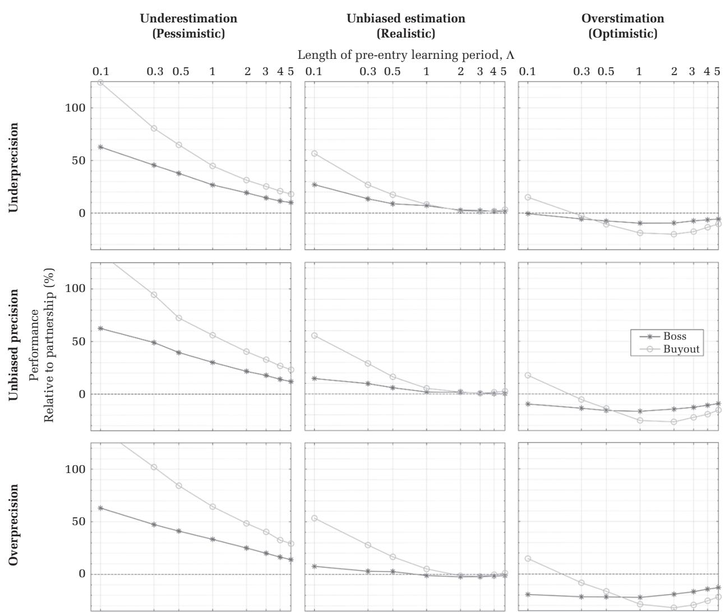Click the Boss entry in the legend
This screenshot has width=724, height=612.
(x=674, y=337)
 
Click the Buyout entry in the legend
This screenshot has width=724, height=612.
(x=681, y=349)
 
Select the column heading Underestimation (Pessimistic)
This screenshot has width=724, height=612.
(x=188, y=26)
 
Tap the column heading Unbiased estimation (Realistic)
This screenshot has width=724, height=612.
(x=405, y=26)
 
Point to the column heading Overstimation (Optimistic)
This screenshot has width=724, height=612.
(x=622, y=26)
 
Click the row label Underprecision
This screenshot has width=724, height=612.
(x=13, y=168)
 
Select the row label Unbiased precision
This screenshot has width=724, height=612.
(x=13, y=344)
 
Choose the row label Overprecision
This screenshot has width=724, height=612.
(x=13, y=525)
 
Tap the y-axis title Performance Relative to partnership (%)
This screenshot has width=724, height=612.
(x=42, y=345)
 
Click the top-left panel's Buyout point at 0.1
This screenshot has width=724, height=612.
(x=100, y=82)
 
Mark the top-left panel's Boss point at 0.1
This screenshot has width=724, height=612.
(x=100, y=147)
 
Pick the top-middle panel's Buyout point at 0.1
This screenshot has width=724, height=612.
(x=315, y=154)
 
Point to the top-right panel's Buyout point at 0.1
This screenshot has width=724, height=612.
(x=528, y=197)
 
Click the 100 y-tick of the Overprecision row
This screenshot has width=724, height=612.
(x=74, y=469)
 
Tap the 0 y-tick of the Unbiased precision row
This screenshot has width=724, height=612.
(x=80, y=394)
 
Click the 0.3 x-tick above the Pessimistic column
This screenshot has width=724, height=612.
(x=154, y=71)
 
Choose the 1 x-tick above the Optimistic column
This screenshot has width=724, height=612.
(x=639, y=71)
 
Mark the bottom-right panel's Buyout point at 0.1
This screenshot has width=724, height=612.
(x=528, y=559)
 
